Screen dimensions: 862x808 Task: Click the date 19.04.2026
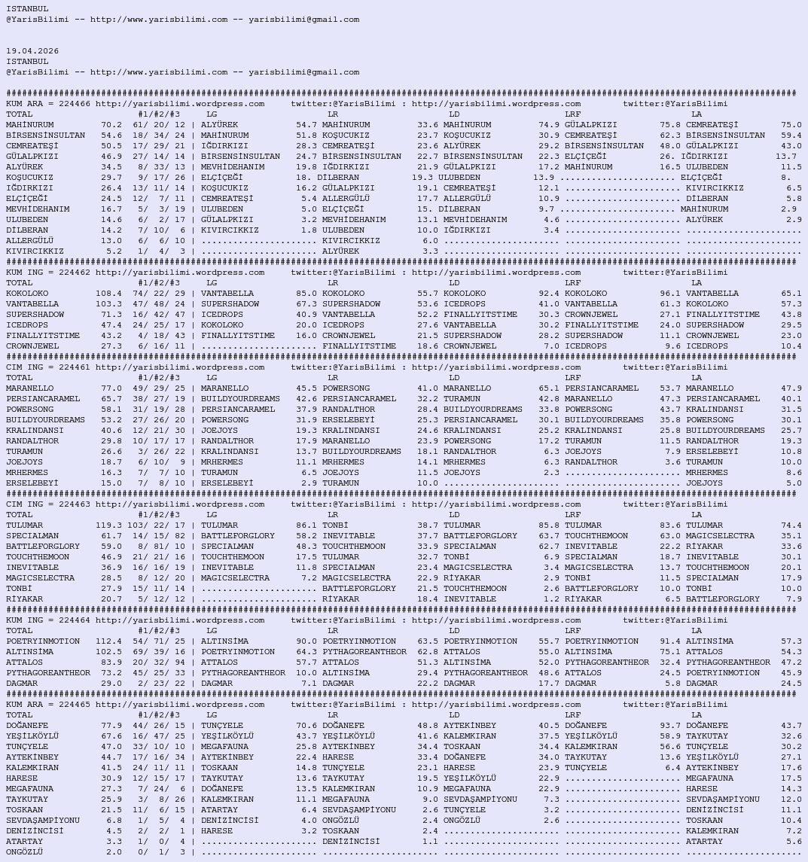click(32, 51)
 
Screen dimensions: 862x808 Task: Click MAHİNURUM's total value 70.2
click(111, 125)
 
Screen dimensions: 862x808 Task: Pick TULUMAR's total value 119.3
click(108, 525)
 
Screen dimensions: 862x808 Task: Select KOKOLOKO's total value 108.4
click(108, 294)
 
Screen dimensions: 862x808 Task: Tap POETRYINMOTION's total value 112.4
click(108, 641)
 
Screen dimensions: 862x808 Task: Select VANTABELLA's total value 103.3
click(108, 304)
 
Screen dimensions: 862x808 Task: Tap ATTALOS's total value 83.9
click(111, 662)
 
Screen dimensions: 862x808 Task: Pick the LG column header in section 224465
click(212, 715)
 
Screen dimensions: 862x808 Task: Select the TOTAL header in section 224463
click(20, 515)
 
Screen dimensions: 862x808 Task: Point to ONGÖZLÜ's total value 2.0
click(114, 852)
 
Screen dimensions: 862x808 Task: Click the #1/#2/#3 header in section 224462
click(158, 283)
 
